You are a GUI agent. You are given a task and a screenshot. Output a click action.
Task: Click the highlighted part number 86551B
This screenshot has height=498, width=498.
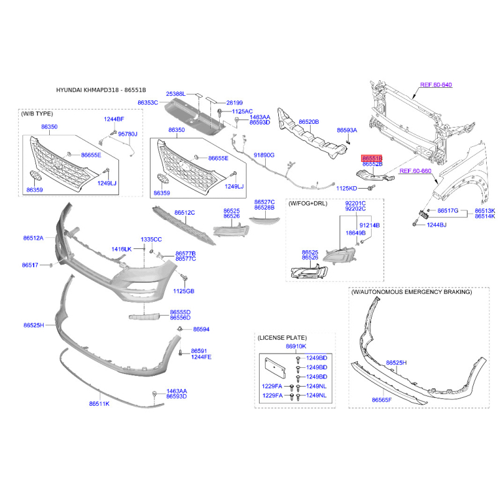tap(372, 158)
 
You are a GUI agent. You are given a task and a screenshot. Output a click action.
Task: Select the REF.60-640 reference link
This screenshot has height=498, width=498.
tap(436, 85)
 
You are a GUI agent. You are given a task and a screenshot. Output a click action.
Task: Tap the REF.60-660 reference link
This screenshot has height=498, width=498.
tap(415, 171)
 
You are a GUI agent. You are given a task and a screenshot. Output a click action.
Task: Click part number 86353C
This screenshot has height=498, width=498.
tap(148, 103)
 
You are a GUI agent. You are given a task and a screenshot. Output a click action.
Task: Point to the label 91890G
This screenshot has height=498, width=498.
tap(264, 155)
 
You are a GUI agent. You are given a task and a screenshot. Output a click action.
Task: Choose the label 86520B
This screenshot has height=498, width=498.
tap(309, 121)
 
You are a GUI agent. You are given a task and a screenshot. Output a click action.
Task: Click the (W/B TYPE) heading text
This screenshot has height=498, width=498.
tap(37, 114)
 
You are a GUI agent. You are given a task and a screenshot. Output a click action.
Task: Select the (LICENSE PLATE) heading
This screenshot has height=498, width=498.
tap(282, 337)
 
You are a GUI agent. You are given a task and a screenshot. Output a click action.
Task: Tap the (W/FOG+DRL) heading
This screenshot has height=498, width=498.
tap(308, 204)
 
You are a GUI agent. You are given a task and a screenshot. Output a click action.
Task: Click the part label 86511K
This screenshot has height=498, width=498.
tap(99, 403)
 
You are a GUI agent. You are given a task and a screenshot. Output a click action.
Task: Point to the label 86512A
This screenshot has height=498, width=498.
tap(34, 238)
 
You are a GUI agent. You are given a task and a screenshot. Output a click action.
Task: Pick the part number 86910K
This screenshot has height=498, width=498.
tap(296, 346)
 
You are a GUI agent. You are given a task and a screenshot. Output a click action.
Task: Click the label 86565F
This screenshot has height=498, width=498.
tap(382, 400)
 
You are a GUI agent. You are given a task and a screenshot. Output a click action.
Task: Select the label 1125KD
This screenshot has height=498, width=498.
tap(347, 189)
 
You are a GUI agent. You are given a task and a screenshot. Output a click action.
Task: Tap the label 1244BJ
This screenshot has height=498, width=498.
tap(436, 225)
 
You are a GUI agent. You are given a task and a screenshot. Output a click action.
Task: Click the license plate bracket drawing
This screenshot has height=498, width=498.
tap(275, 368)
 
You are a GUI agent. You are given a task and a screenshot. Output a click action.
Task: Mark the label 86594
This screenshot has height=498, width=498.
tap(201, 329)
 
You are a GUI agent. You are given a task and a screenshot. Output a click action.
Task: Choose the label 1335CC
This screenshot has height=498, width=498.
tap(151, 240)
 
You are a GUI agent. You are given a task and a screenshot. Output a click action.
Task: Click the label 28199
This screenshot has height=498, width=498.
tap(235, 103)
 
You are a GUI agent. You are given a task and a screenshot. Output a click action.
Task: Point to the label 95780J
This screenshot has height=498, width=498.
tap(128, 134)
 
